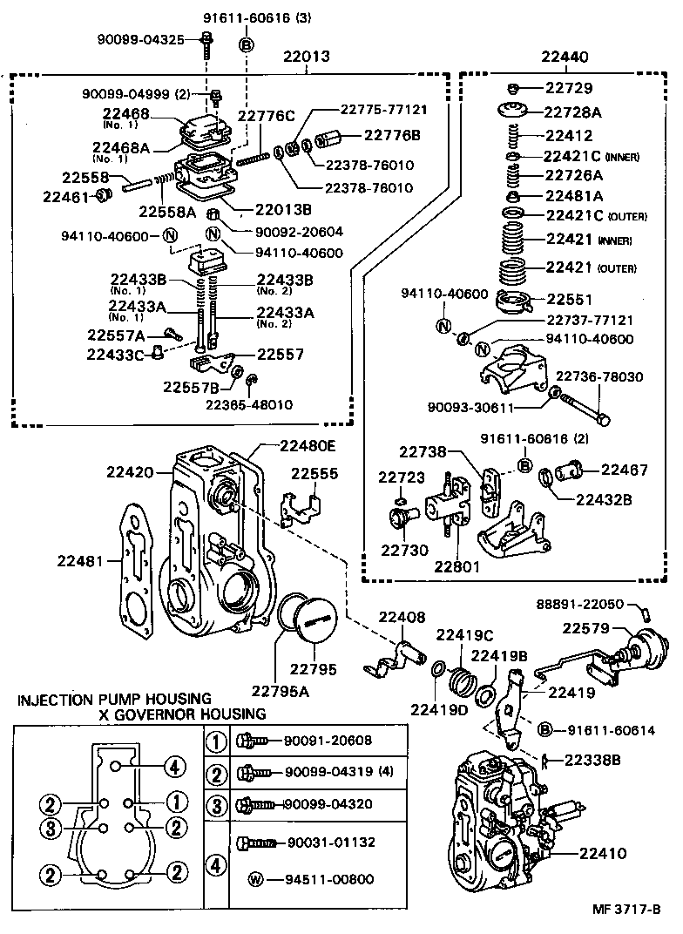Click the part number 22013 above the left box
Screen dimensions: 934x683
(x=306, y=58)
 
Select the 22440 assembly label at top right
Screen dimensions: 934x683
(x=564, y=58)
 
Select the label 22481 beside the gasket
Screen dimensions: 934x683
(x=81, y=559)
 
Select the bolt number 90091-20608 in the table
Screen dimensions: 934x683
(x=328, y=741)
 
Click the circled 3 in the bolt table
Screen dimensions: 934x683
(x=214, y=802)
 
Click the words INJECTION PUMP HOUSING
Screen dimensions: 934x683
(x=114, y=699)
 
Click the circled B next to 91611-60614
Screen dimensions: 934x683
(x=545, y=729)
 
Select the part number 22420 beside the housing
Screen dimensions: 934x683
(x=130, y=472)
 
